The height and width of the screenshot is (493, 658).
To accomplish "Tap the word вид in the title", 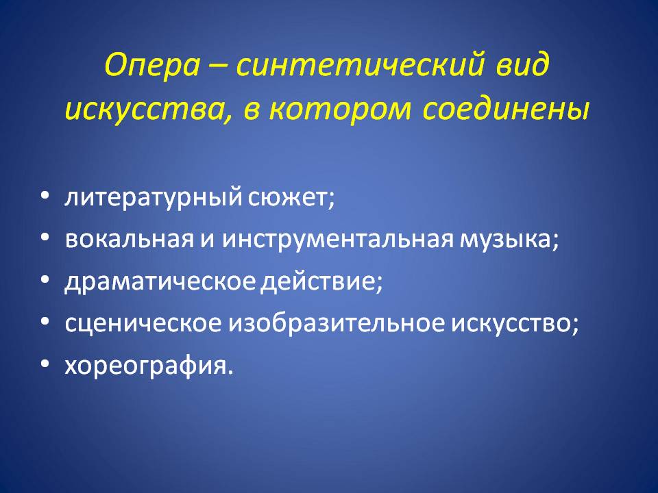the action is [x=523, y=64].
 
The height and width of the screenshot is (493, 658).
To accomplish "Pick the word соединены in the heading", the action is [x=506, y=108].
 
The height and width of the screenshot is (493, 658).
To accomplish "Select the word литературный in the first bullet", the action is [x=154, y=197].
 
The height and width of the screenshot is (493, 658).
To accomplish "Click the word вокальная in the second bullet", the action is [x=130, y=239].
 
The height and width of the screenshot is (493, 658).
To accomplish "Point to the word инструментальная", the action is [x=338, y=240].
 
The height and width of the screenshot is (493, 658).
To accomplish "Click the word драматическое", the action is [x=160, y=281].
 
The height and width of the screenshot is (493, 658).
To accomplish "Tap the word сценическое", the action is [x=143, y=323].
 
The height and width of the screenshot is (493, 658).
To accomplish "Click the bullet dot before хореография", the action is [x=45, y=363].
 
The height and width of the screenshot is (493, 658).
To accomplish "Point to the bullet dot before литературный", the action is [x=45, y=195].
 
